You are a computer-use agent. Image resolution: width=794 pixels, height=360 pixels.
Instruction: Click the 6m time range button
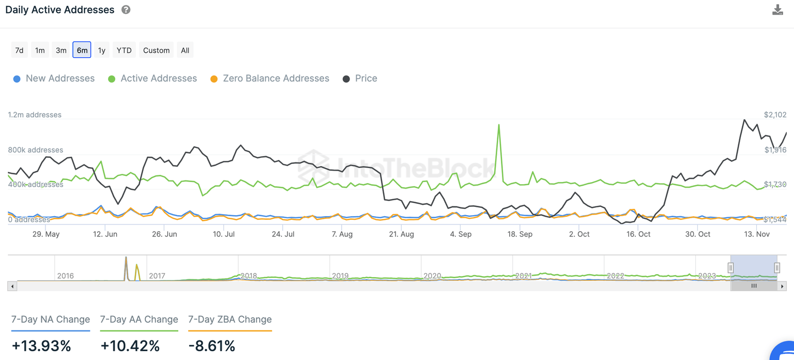82,50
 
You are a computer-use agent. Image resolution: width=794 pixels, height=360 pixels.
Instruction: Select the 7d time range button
19,50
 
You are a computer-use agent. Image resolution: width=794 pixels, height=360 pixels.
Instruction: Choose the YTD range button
124,50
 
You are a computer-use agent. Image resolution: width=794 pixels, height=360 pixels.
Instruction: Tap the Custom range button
156,50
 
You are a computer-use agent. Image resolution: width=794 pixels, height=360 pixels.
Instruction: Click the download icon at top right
777,10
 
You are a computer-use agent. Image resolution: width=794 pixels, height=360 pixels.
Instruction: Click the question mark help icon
126,10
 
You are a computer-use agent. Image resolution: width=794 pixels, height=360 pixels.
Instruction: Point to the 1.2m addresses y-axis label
35,115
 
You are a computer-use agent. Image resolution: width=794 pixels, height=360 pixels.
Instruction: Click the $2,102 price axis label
775,115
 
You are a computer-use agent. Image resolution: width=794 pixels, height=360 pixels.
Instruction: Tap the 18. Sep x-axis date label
520,234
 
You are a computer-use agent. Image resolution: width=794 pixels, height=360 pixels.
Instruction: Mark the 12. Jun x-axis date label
104,234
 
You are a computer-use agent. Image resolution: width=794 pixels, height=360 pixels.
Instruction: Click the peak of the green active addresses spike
499,125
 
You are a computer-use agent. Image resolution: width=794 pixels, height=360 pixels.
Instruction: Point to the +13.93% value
41,346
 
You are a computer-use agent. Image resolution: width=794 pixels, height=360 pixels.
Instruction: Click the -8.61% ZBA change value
211,346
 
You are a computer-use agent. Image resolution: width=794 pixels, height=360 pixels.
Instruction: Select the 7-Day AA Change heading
139,320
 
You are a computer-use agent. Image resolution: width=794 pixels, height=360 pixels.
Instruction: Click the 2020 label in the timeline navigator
432,276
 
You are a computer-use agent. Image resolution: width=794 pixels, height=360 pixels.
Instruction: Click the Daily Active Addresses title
60,10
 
